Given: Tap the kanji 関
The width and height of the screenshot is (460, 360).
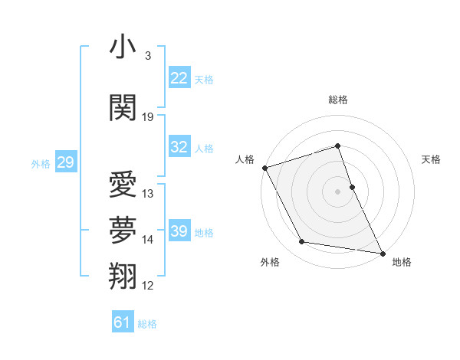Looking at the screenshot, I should tap(123, 107).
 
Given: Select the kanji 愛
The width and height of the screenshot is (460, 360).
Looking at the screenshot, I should tap(123, 185).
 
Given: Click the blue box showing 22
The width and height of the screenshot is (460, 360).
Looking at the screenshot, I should tap(179, 79).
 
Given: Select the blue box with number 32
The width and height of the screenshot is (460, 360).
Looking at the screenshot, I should tap(179, 148).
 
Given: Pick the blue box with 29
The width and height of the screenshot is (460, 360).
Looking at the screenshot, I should tap(65, 163).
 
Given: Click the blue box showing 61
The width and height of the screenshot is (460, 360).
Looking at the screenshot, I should tap(123, 322).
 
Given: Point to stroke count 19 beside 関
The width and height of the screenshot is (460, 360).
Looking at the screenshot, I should tap(148, 117).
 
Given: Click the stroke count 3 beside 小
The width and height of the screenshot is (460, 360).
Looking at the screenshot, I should tap(147, 56).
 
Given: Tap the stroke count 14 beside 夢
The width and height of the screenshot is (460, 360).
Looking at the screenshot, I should tap(148, 240).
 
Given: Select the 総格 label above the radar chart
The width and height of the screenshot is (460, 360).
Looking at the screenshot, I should tap(338, 100).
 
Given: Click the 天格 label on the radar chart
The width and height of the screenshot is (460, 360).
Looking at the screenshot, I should tap(431, 159).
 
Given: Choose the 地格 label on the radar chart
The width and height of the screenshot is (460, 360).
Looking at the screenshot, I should tap(402, 263).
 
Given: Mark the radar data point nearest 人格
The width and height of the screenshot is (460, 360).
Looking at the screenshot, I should tap(264, 167).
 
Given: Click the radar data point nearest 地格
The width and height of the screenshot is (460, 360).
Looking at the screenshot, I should tap(382, 252).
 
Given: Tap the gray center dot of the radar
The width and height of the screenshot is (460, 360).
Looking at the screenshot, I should tap(338, 191).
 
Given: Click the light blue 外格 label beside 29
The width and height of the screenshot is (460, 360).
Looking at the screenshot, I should tap(41, 163).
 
